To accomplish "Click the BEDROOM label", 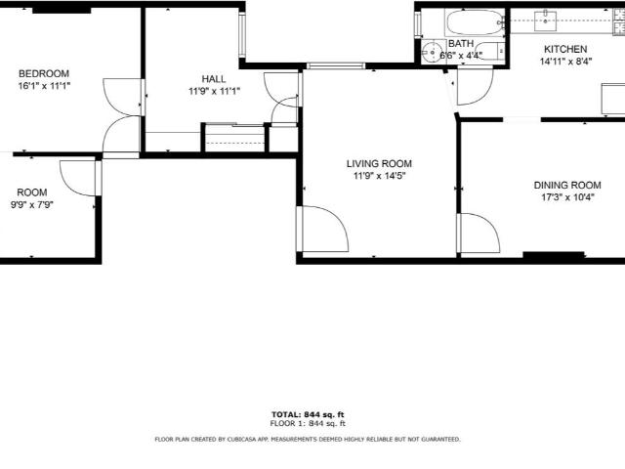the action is tap(44, 74).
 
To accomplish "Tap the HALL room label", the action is tap(214, 79).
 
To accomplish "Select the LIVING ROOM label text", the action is tap(379, 163).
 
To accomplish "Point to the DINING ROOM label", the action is tap(567, 185).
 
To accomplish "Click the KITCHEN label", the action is tap(565, 50).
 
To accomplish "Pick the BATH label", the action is tap(461, 43).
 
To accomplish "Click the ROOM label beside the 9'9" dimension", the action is tap(32, 192).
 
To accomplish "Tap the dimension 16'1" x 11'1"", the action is tap(44, 86).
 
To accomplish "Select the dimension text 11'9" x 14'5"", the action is tap(379, 176).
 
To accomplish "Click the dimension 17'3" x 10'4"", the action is tap(567, 197).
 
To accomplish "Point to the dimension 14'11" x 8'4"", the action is tap(565, 62).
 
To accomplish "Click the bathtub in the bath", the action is tap(475, 22).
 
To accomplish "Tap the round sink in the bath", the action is tap(431, 52).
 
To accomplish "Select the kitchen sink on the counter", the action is tap(545, 21).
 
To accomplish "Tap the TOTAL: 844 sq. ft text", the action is tap(308, 414).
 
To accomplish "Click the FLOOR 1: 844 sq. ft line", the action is tap(308, 423).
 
